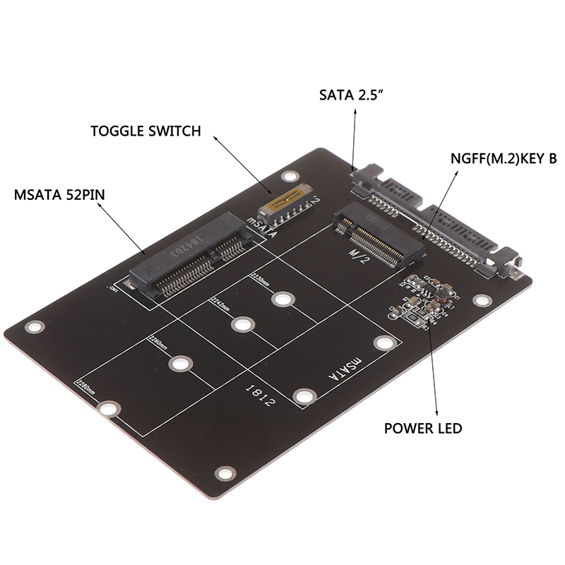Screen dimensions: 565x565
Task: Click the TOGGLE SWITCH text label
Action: click(x=145, y=131)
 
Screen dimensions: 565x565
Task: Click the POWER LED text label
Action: click(x=423, y=427)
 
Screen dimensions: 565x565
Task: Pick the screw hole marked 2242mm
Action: click(x=242, y=325)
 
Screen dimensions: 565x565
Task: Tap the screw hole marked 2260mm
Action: click(x=179, y=364)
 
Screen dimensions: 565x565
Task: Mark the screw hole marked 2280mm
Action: click(x=107, y=409)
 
